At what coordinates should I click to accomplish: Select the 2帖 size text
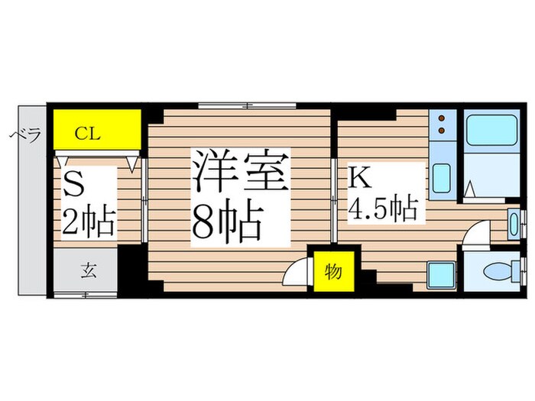coord(89,222)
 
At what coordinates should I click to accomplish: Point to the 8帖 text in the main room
coord(228,222)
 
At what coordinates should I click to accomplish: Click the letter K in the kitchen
coord(360,178)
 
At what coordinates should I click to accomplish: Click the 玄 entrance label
coord(87,271)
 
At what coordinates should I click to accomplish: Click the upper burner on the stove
coord(441,118)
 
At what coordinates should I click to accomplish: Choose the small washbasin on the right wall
coord(513,225)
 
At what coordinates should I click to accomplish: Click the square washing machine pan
coord(442,273)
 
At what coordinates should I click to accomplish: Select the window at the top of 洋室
coord(247,104)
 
